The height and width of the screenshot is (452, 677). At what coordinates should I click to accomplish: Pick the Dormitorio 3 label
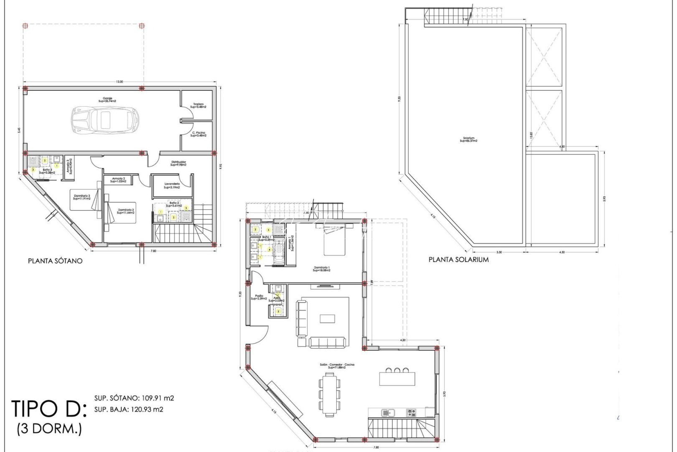[x=82, y=197]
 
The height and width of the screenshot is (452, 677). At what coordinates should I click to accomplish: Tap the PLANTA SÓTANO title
[x=55, y=261]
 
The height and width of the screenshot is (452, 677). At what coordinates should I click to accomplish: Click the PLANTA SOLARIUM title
[x=458, y=259]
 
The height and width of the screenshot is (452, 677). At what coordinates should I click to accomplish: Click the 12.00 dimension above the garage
[x=120, y=82]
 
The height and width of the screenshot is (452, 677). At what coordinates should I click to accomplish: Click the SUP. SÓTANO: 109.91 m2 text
[x=134, y=398]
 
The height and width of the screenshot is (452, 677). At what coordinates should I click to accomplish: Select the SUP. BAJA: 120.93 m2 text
[x=129, y=409]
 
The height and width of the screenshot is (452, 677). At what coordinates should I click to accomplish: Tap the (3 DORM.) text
[x=49, y=429]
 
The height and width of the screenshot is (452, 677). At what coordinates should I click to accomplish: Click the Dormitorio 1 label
[x=321, y=269]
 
